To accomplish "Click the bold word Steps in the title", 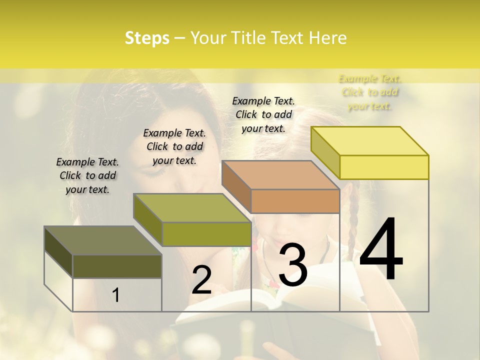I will pyautogui.click(x=147, y=38).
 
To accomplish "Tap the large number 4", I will pyautogui.click(x=381, y=250).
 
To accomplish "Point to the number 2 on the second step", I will pyautogui.click(x=201, y=280).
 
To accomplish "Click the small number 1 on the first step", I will pyautogui.click(x=116, y=295).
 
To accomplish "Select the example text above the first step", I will pyautogui.click(x=87, y=175).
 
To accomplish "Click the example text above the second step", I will pyautogui.click(x=174, y=146).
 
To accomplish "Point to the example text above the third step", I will pyautogui.click(x=263, y=114).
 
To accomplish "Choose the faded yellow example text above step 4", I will pyautogui.click(x=370, y=92).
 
